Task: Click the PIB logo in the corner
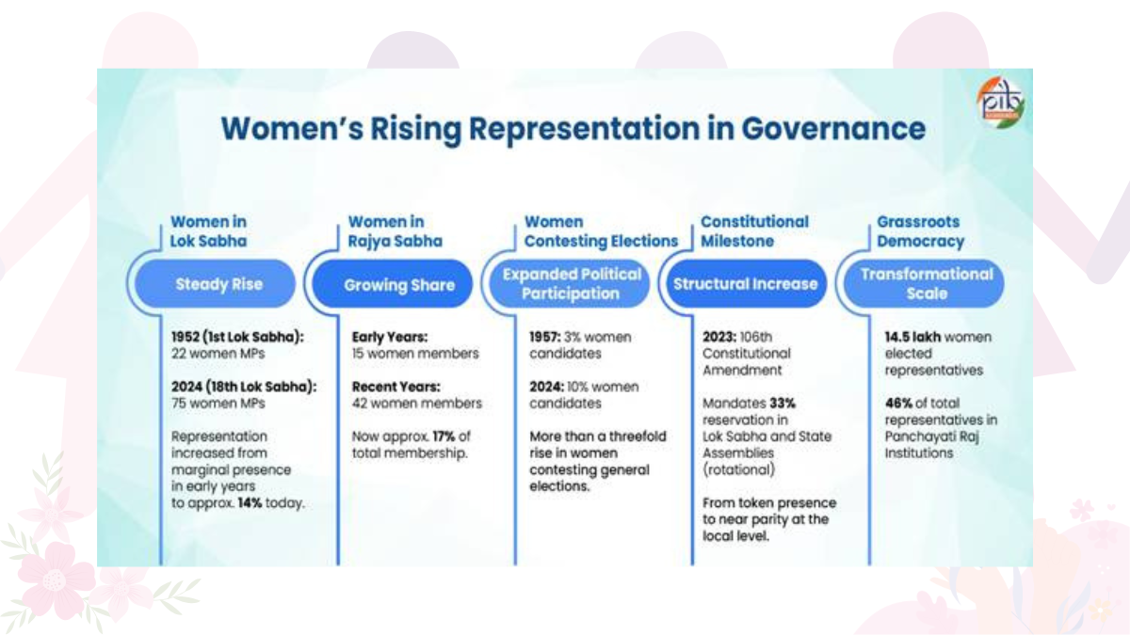1000,99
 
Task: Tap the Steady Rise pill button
218,284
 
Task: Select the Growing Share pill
399,284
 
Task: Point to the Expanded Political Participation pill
572,284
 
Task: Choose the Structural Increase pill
746,284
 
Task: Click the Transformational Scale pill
927,284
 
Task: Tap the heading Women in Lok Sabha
208,231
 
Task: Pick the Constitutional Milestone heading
754,231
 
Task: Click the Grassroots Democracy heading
920,231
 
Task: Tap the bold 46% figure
898,404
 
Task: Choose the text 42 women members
416,404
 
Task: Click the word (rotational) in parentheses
738,469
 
